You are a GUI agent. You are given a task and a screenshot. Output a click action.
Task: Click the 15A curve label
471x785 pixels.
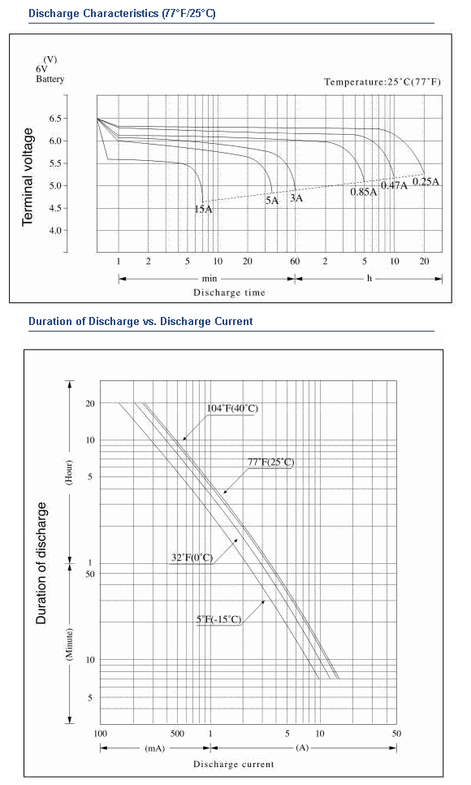[203, 210]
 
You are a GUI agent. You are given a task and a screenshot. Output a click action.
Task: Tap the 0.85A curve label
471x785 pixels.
[364, 192]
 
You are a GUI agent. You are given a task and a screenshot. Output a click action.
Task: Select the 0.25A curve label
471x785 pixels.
[426, 181]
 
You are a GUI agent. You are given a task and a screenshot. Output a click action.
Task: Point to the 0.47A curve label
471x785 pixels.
[395, 185]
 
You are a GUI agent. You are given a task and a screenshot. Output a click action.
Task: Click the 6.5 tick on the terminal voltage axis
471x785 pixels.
[55, 119]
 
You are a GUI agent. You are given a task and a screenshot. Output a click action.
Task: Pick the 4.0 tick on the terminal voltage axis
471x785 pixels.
[55, 231]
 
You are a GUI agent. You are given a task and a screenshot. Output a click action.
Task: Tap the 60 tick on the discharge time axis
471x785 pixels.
[295, 262]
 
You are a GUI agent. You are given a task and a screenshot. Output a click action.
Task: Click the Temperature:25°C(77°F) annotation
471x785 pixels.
[382, 81]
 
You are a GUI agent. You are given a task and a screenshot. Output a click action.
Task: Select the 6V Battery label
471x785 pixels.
[50, 74]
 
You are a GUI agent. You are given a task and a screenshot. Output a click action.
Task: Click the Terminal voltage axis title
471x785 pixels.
[28, 176]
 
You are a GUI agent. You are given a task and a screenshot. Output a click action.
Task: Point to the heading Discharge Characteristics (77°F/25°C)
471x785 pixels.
[122, 14]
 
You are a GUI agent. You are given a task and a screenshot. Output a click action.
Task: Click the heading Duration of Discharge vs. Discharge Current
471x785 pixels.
[140, 322]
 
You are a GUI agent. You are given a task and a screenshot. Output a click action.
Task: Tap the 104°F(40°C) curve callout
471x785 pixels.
[233, 409]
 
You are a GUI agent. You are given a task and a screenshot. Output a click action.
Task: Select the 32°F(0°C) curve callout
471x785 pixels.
[192, 557]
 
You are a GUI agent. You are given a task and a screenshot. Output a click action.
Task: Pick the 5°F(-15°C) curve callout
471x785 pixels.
[218, 620]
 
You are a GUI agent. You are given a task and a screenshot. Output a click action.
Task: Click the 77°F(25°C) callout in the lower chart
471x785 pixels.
[271, 462]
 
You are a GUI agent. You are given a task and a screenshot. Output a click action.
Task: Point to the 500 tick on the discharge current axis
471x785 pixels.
[177, 734]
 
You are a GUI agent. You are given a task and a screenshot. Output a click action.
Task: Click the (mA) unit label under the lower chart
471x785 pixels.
[154, 748]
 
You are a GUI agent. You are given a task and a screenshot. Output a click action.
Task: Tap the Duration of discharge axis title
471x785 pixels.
[41, 563]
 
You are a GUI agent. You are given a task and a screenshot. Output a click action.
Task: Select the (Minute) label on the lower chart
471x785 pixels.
[69, 644]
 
